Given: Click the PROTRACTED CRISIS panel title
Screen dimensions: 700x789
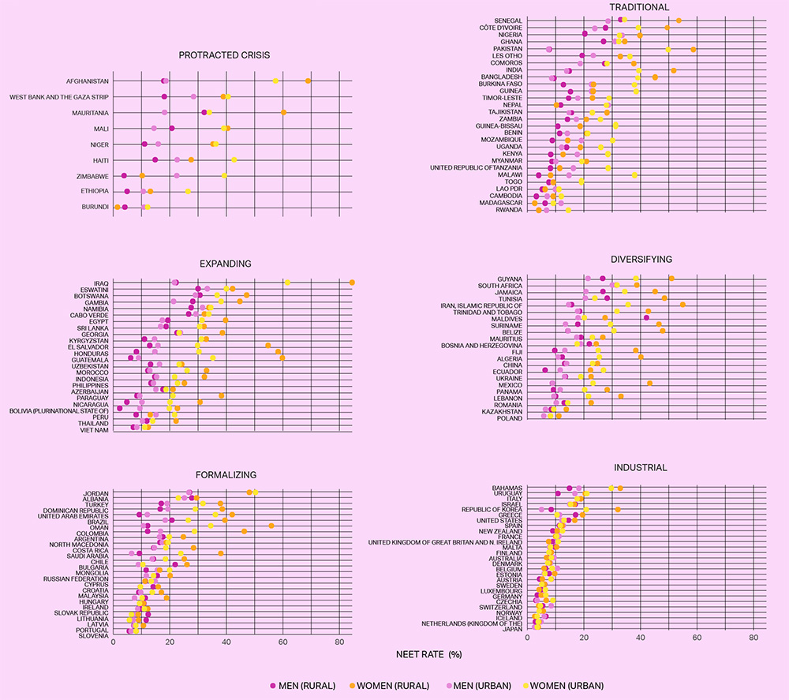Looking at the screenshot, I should tap(223, 55).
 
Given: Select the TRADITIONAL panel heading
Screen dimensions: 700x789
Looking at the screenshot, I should tap(640, 7).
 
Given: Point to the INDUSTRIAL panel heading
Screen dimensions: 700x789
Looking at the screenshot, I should tap(639, 467).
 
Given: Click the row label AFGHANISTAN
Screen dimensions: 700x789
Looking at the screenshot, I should tap(88, 81).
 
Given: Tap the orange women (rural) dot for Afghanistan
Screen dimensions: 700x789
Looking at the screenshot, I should tap(308, 81).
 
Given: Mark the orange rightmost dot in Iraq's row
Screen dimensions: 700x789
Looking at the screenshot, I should tap(353, 283).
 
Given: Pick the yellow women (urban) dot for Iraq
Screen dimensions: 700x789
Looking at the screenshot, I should tap(287, 283).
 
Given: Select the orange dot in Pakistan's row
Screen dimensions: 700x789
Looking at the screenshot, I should tap(693, 49).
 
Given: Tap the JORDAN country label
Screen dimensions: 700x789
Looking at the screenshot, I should tap(96, 493).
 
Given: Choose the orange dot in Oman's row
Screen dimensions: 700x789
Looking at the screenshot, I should tap(271, 526).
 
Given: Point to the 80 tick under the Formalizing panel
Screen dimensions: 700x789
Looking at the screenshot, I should tap(339, 642).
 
